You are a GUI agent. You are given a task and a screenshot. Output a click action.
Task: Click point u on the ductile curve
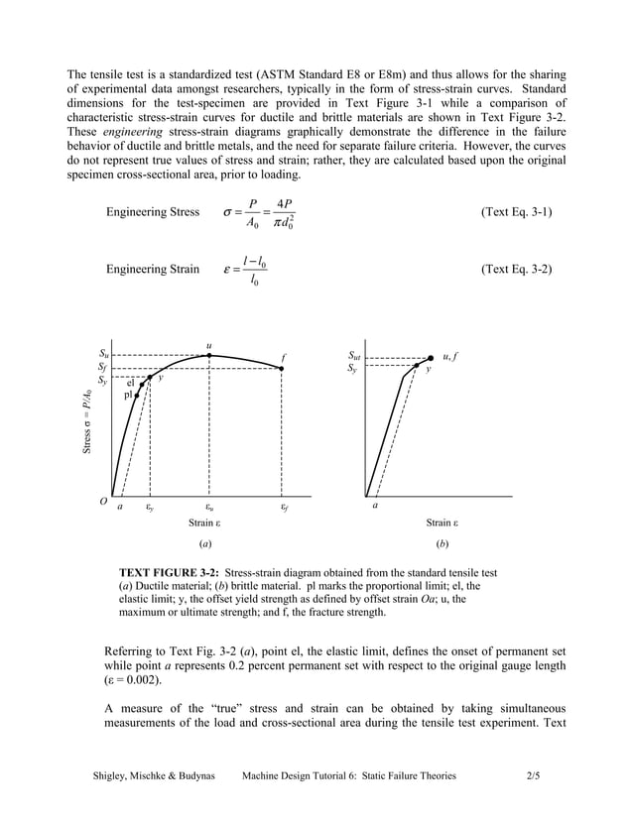[x=209, y=355]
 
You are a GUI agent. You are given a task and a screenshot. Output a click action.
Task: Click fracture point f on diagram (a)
[x=283, y=369]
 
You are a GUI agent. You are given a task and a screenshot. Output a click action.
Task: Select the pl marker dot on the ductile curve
[x=137, y=395]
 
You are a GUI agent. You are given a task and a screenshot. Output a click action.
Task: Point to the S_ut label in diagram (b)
[x=355, y=354]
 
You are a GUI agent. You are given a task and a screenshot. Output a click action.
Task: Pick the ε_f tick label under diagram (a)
[x=284, y=505]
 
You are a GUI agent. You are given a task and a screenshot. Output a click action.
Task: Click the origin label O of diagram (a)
[x=103, y=502]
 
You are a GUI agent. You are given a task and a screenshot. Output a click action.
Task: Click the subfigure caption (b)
[x=442, y=544]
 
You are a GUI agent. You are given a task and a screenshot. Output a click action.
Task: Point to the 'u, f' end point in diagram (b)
[x=431, y=358]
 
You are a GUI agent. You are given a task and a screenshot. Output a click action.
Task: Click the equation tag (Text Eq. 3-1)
[x=516, y=212]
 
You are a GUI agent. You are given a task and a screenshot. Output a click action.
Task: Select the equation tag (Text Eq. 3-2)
[x=516, y=269]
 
